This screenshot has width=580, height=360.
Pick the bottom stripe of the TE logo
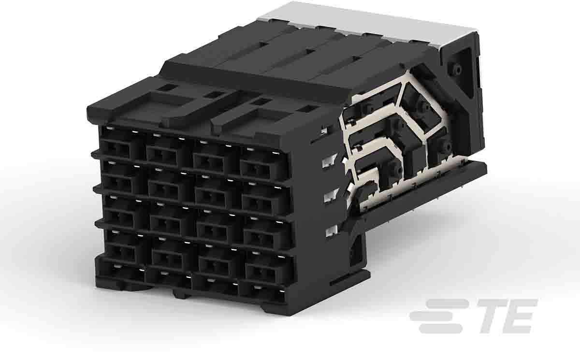coord(441,329)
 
